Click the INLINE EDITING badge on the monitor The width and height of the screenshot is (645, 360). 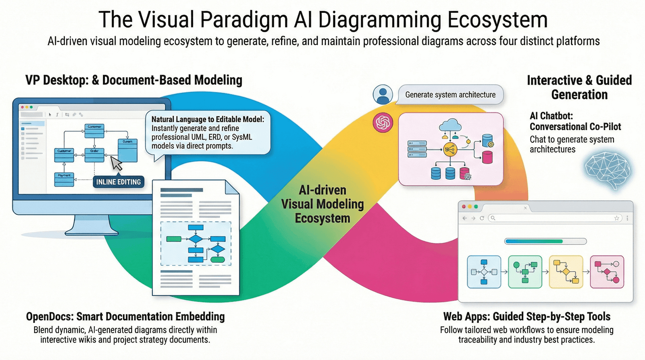coord(118,182)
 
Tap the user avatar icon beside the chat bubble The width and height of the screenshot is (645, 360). coord(383,95)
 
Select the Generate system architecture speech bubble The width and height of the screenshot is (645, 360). coord(450,95)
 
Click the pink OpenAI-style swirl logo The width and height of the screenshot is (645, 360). coord(383,123)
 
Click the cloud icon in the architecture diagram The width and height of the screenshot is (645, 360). coord(450,125)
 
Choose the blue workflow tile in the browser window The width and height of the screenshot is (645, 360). coord(484,272)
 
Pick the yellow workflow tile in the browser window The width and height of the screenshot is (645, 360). coord(566,272)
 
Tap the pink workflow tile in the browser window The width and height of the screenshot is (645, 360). coord(607,272)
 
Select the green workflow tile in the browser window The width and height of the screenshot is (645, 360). coord(525,272)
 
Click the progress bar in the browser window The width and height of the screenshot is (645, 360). coord(545,241)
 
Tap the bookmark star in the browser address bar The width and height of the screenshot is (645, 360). coord(616,218)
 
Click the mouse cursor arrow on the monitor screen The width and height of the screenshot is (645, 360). coord(116,163)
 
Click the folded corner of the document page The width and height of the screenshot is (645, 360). coord(233,187)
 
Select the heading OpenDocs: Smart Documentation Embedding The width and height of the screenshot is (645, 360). coord(125,316)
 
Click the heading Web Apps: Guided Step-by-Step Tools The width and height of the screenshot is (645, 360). coord(526,316)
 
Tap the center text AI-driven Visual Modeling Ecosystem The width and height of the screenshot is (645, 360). coord(322,204)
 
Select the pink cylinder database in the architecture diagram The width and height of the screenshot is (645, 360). coord(487,157)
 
